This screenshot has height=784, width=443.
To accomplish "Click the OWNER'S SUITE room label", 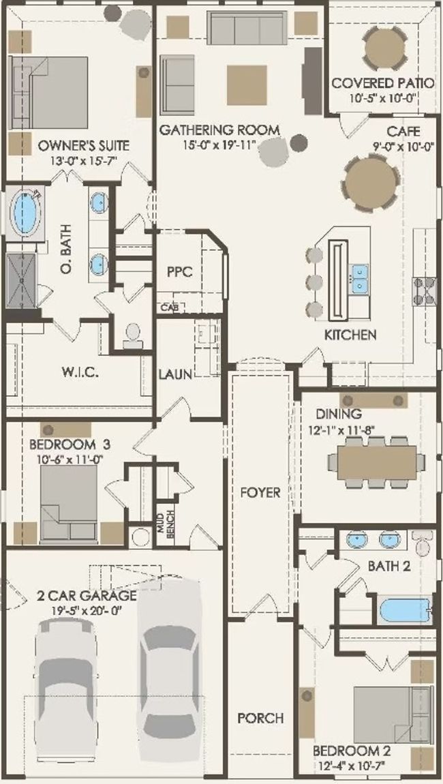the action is click(84, 145).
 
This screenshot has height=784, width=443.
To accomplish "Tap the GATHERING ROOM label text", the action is click(219, 130).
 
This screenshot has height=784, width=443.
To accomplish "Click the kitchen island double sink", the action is click(359, 279).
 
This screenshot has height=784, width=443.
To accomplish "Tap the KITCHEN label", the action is click(350, 335).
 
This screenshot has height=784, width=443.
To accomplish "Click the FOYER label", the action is click(260, 492).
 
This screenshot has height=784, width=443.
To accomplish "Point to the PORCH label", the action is click(260, 718).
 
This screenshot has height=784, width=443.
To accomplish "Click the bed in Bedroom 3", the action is click(69, 503).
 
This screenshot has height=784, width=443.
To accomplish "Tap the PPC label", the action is click(179, 272).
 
